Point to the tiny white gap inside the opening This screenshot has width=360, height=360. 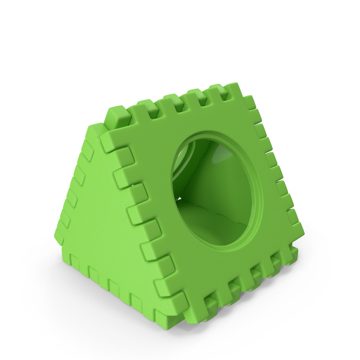[x=178, y=197]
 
